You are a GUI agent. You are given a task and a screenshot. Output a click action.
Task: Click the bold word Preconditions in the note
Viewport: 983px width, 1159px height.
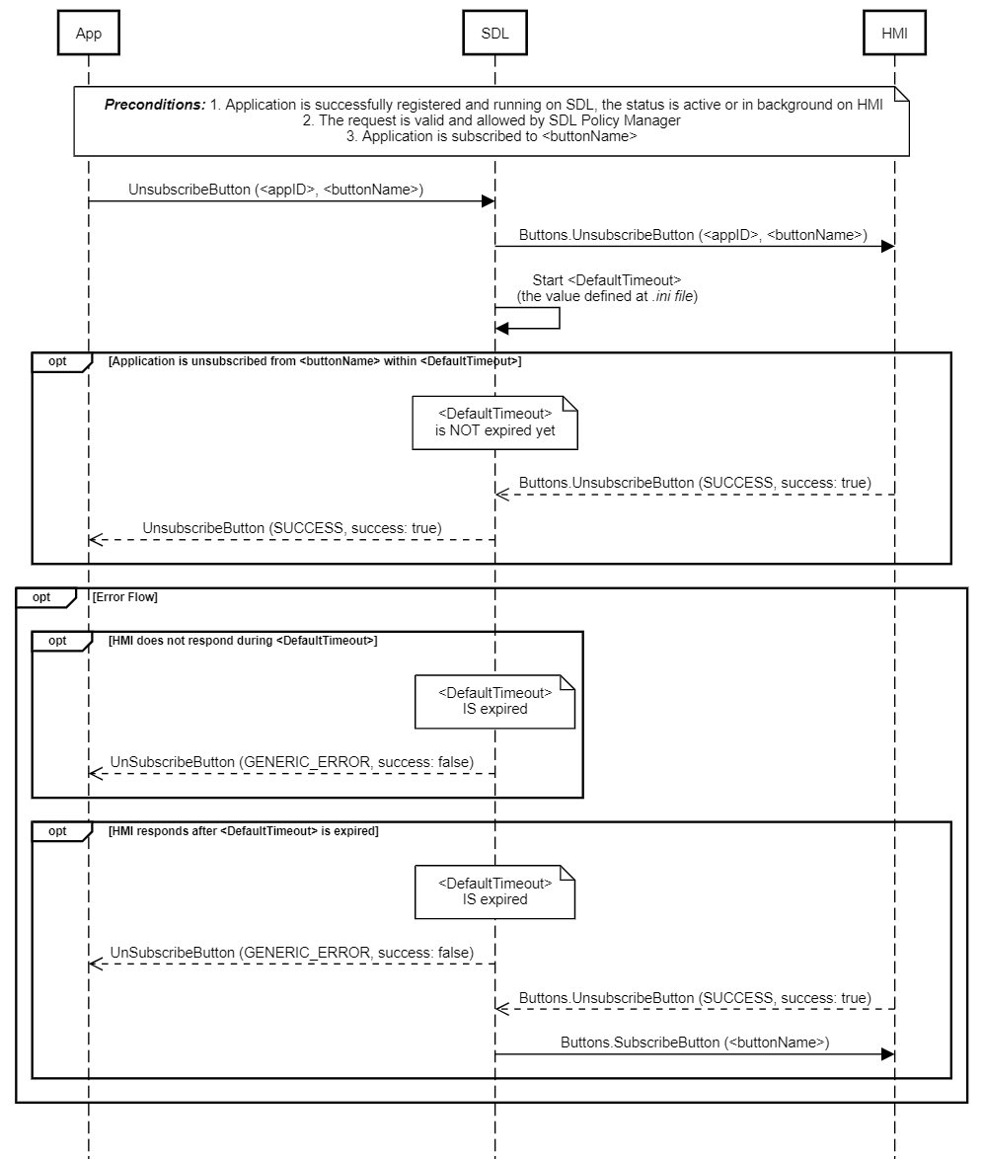(155, 105)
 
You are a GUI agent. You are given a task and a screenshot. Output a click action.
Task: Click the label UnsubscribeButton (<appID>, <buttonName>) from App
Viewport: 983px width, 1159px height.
(275, 190)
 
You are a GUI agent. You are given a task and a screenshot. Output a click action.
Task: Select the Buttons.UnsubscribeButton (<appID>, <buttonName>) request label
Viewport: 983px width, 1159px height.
(693, 235)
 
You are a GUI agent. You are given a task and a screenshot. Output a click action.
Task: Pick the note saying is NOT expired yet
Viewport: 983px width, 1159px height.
(494, 422)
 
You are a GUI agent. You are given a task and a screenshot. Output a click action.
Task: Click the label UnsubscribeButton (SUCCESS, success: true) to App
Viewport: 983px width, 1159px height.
(292, 528)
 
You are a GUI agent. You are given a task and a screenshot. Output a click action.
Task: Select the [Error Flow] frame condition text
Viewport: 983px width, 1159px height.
(124, 597)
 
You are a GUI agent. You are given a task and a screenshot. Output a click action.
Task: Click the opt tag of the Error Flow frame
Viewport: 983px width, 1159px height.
(41, 597)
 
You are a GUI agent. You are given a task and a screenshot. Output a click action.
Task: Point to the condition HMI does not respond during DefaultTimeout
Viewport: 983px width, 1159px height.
(243, 641)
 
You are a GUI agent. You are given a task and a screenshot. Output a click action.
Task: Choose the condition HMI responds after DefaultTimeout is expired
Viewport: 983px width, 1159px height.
(243, 831)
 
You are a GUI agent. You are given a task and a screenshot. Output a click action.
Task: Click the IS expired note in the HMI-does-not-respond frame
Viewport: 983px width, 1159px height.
(494, 701)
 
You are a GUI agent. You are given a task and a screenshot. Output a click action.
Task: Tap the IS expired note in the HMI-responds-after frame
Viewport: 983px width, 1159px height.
(494, 891)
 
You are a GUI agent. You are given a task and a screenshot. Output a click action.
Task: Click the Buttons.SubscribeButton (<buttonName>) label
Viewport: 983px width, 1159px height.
(695, 1042)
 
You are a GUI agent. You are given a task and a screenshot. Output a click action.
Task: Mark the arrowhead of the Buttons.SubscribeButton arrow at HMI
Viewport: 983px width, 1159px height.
(887, 1054)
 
